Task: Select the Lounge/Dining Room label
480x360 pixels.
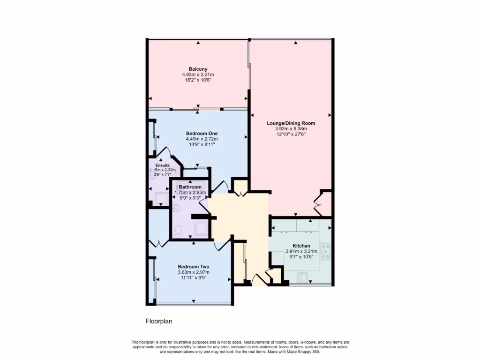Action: click(291, 123)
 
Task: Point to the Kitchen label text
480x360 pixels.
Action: click(301, 246)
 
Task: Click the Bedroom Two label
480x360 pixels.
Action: click(193, 266)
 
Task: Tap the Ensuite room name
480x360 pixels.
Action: click(156, 165)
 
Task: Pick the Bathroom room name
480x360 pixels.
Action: click(190, 187)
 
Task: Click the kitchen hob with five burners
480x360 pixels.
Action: click(325, 251)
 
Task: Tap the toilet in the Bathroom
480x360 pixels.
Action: click(178, 230)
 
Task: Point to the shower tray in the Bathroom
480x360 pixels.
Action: click(202, 229)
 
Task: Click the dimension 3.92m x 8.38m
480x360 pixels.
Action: click(291, 129)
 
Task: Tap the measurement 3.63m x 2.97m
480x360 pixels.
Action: click(193, 272)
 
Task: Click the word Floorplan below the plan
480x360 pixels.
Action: click(158, 322)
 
